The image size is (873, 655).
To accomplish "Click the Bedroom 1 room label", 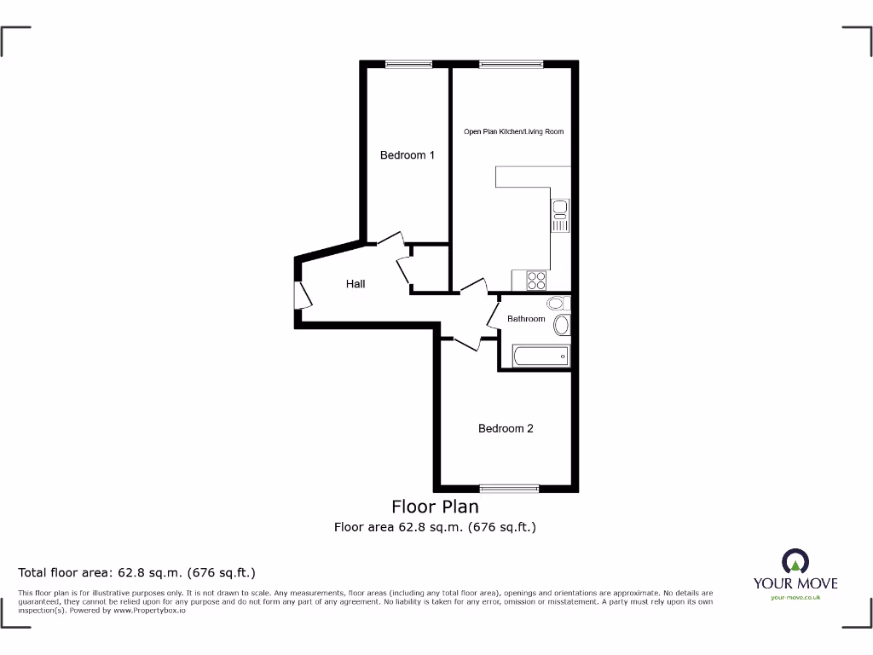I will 407,155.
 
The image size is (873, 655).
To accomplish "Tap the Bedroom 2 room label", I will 506,428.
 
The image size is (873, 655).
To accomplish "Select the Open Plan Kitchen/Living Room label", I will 513,131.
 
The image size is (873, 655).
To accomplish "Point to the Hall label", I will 356,283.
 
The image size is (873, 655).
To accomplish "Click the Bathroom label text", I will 526,319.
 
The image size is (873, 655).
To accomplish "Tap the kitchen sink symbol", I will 560,216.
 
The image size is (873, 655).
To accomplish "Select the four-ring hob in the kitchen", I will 535,280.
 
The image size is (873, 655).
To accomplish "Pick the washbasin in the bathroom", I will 562,324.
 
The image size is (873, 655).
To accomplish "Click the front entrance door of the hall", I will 302,294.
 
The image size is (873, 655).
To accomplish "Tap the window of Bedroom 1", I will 408,64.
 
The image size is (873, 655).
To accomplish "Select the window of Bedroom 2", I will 509,488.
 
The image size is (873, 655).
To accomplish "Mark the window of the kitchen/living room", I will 511,64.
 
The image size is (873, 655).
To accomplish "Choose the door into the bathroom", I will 494,313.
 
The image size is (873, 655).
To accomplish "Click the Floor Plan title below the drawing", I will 435,507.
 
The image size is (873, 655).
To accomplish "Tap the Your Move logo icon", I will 795,561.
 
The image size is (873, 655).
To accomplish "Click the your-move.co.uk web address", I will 795,598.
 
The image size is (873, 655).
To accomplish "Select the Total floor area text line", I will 137,572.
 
